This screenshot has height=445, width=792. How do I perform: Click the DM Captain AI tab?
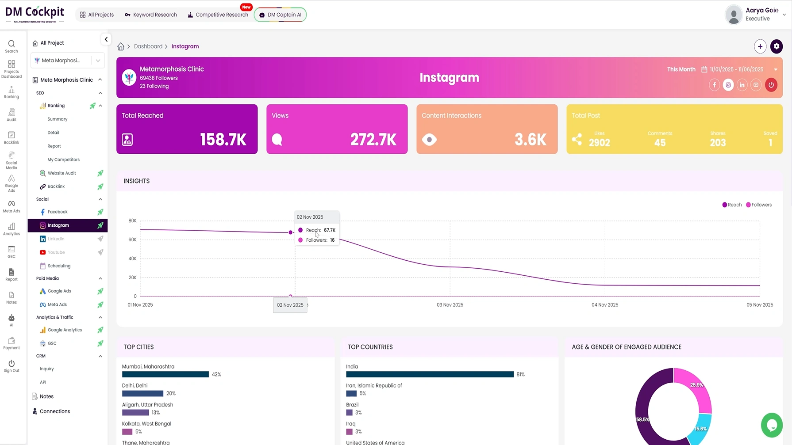click(x=280, y=15)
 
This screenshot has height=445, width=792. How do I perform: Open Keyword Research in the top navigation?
click(x=150, y=15)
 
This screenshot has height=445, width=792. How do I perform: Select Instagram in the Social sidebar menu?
click(x=58, y=225)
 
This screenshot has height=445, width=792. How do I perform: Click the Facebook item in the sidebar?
click(x=58, y=212)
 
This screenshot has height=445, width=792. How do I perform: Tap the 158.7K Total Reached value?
click(x=223, y=140)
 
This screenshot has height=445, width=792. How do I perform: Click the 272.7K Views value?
click(x=373, y=140)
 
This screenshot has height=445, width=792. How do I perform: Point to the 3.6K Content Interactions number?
click(x=530, y=140)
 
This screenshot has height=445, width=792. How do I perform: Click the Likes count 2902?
click(x=599, y=143)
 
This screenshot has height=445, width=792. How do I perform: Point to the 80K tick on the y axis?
click(x=132, y=221)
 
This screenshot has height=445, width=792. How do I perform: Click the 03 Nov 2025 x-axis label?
click(x=450, y=305)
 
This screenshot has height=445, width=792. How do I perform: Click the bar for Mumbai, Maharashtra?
click(x=165, y=374)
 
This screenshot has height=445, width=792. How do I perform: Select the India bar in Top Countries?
click(x=430, y=374)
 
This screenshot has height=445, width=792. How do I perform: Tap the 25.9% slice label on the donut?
click(x=696, y=385)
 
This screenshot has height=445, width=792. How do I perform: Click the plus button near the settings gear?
click(x=760, y=46)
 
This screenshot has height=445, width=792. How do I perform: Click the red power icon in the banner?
click(x=771, y=85)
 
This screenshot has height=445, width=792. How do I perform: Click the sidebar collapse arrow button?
click(x=106, y=39)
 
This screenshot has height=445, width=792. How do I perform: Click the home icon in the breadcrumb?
click(x=121, y=46)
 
